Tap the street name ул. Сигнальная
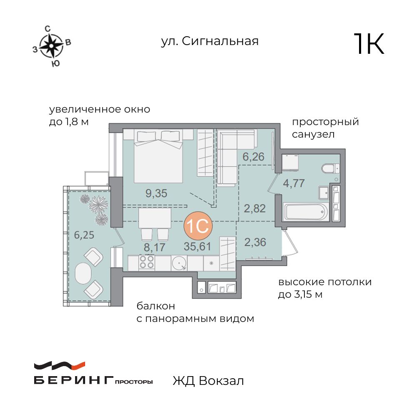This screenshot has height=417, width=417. click(x=210, y=41)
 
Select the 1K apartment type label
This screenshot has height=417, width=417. click(x=369, y=44)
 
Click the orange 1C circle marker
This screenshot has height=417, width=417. click(x=198, y=226)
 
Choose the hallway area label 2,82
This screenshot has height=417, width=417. click(x=254, y=208)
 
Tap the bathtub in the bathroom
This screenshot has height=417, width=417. click(x=305, y=212)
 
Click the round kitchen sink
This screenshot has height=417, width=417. click(x=179, y=262)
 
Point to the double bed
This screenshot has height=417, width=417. click(x=159, y=156)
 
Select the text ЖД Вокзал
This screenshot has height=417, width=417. click(x=208, y=381)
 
